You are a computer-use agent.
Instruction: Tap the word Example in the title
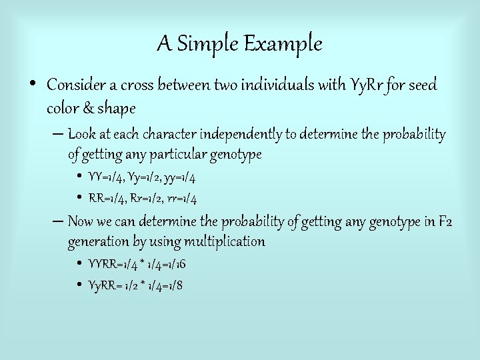point(283,44)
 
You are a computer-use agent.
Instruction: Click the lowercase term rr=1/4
point(182,199)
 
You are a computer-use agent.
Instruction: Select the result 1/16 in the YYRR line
point(175,264)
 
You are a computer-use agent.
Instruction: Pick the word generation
point(99,241)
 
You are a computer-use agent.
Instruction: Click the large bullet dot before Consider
point(33,85)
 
